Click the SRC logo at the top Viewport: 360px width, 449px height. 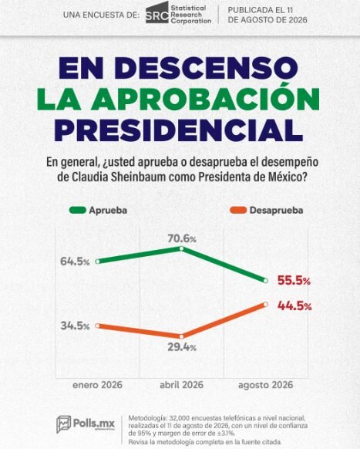(157, 12)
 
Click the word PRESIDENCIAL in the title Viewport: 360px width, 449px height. (179, 130)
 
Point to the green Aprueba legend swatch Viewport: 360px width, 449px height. (78, 210)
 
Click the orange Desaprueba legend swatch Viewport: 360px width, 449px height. (238, 210)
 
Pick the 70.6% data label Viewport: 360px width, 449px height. (182, 238)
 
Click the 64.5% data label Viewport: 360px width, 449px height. (75, 262)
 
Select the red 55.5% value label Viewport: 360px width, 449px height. (294, 281)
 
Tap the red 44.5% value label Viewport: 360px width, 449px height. (294, 306)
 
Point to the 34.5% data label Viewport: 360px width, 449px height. (75, 326)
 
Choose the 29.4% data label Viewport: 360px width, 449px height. (182, 347)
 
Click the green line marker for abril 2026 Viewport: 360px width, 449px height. (181, 248)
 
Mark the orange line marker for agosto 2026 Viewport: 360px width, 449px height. (265, 304)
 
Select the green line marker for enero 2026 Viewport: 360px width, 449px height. (98, 262)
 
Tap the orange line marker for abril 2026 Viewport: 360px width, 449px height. (181, 336)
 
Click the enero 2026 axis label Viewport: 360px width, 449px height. (98, 385)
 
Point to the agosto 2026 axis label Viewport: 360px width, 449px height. (265, 385)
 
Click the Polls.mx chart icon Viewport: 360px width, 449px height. (63, 424)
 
